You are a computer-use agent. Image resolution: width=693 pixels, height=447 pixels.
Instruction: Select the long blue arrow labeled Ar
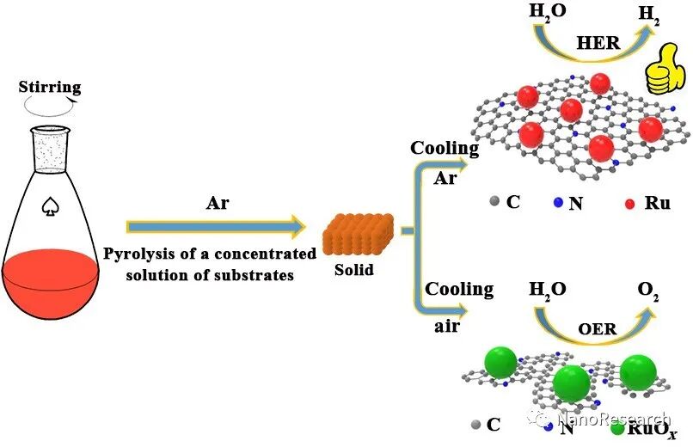(x=215, y=227)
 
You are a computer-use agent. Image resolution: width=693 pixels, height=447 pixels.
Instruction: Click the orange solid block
(x=359, y=232)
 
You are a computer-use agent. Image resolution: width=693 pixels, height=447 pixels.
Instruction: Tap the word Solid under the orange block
(x=354, y=270)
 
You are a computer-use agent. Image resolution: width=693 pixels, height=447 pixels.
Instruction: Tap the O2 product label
(x=649, y=290)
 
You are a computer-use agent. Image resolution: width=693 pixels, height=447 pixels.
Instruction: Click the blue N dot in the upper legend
(x=559, y=204)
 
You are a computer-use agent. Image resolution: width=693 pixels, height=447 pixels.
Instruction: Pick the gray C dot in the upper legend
(x=494, y=203)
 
